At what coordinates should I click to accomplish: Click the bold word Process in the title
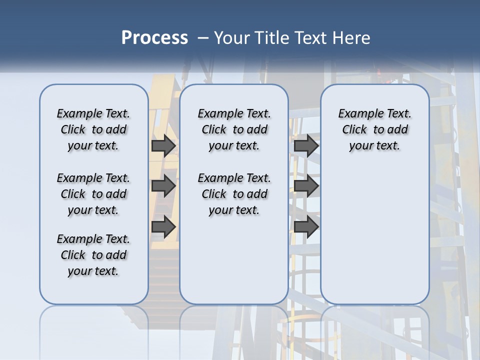point(154,37)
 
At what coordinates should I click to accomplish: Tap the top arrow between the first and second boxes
point(163,145)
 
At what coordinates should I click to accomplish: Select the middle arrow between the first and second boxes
point(163,186)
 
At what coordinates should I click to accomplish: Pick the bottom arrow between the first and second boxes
point(163,227)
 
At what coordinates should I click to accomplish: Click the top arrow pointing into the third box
point(306,145)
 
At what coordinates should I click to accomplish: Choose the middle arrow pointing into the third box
point(306,186)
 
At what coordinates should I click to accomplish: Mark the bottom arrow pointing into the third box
point(306,227)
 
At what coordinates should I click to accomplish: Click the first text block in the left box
point(93,129)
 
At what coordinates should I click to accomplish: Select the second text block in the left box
point(93,194)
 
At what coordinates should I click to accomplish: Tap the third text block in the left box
point(93,255)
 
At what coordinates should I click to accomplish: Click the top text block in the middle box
point(234,129)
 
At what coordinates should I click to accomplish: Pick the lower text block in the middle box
point(234,194)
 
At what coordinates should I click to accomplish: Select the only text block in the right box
point(374,129)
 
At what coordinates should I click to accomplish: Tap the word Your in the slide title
point(232,37)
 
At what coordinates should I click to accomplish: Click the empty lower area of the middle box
point(234,260)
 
